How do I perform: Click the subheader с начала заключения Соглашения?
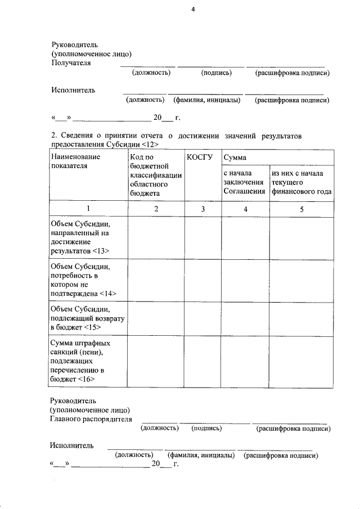244,182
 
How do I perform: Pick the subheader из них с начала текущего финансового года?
301,182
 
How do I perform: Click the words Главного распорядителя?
91,419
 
